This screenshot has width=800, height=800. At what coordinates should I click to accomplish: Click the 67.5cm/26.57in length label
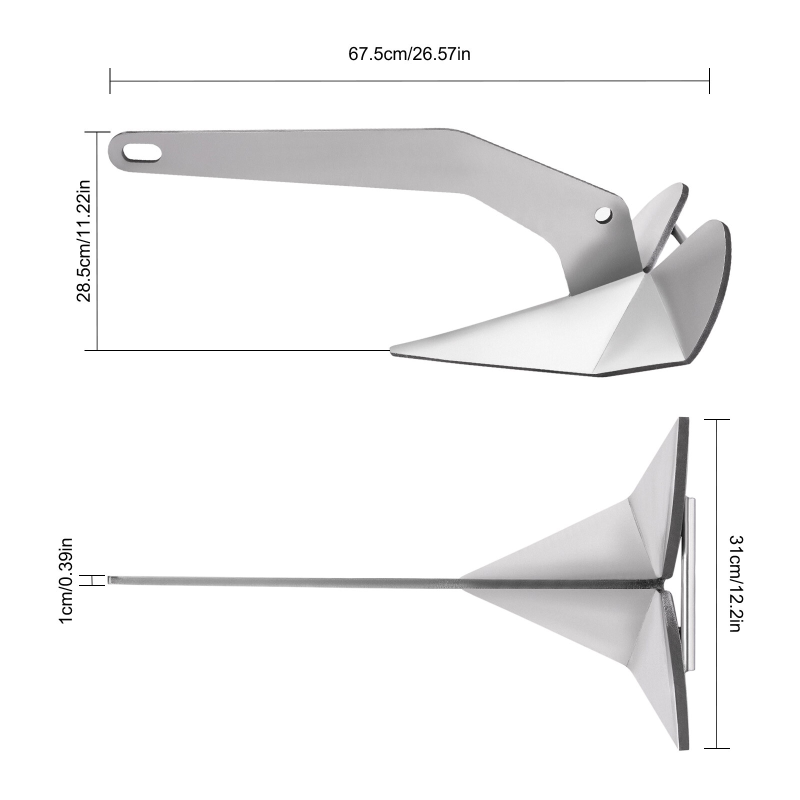409,54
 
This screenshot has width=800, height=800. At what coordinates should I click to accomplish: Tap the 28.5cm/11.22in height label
84,241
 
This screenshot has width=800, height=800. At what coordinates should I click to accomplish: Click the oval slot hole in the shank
142,152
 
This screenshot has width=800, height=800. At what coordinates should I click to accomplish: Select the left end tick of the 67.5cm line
110,81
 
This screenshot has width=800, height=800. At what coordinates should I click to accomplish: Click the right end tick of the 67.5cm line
709,81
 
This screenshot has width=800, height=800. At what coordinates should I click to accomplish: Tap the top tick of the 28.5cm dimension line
97,132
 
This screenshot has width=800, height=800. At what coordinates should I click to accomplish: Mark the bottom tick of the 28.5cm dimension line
97,350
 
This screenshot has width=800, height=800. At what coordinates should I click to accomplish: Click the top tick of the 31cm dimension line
717,419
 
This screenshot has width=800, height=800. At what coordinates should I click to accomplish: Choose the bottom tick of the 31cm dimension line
717,748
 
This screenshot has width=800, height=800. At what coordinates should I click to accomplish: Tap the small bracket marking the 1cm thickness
93,580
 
